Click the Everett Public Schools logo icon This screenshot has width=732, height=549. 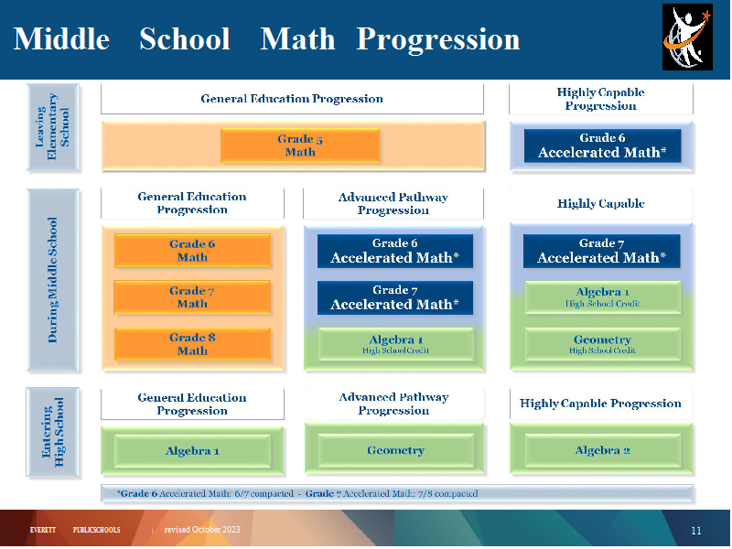click(x=687, y=37)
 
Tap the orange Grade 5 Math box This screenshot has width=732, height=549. click(x=300, y=145)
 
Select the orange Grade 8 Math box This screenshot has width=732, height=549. click(x=192, y=344)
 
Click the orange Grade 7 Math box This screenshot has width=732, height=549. click(x=192, y=297)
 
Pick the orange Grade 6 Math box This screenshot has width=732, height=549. click(x=192, y=251)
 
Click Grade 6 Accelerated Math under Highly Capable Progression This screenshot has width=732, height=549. click(x=602, y=145)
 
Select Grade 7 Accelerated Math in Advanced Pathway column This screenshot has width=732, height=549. click(x=395, y=297)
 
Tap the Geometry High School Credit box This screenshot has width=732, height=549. click(x=602, y=344)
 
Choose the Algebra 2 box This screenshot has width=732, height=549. click(x=602, y=450)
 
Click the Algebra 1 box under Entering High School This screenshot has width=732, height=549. click(x=192, y=451)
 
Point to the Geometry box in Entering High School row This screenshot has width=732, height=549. click(x=396, y=450)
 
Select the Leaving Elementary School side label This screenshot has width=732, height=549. click(x=53, y=127)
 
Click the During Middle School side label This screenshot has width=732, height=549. click(x=53, y=280)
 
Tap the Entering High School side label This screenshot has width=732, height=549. click(x=53, y=432)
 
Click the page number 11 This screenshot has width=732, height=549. click(x=696, y=531)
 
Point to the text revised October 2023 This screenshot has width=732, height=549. click(x=201, y=530)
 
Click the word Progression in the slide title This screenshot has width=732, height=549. click(x=438, y=38)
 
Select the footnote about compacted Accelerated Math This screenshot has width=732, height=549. click(x=297, y=493)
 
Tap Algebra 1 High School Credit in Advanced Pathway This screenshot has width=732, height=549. click(x=396, y=344)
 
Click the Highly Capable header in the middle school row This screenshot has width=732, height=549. click(x=601, y=203)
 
